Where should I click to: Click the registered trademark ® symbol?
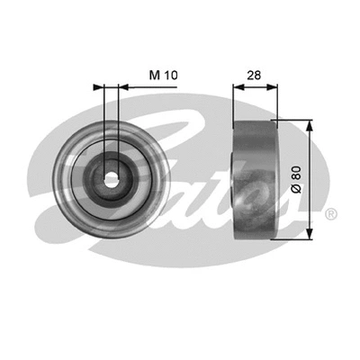[330, 213]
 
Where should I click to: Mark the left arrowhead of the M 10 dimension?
[98, 88]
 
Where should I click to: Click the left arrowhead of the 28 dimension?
[238, 88]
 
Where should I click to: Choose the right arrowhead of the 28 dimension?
[274, 88]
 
